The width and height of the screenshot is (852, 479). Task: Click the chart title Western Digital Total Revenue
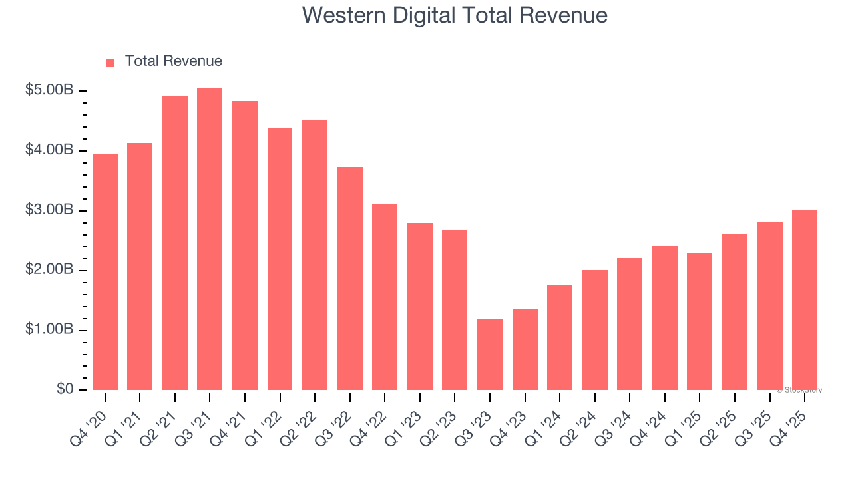point(455,15)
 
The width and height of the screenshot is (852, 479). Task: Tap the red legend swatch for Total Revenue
point(110,62)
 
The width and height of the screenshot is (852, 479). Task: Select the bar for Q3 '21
point(210,239)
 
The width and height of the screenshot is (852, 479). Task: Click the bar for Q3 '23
point(490,354)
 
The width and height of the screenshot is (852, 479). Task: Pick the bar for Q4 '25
point(805,299)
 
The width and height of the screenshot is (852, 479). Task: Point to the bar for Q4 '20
point(105,272)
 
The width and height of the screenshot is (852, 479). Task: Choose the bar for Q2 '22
point(315,255)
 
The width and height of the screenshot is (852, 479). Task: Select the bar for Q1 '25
point(700,321)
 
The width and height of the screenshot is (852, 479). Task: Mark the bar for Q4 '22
point(385,297)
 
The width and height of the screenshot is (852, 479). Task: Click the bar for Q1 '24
point(560,337)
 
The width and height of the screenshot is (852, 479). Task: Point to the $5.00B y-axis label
point(49,90)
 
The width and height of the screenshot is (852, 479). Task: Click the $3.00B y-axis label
point(49,210)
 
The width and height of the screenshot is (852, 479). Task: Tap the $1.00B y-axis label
point(49,330)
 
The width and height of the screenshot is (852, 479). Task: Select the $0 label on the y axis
point(65,389)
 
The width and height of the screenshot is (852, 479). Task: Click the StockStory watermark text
point(799,390)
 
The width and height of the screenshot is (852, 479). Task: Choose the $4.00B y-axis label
point(49,150)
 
